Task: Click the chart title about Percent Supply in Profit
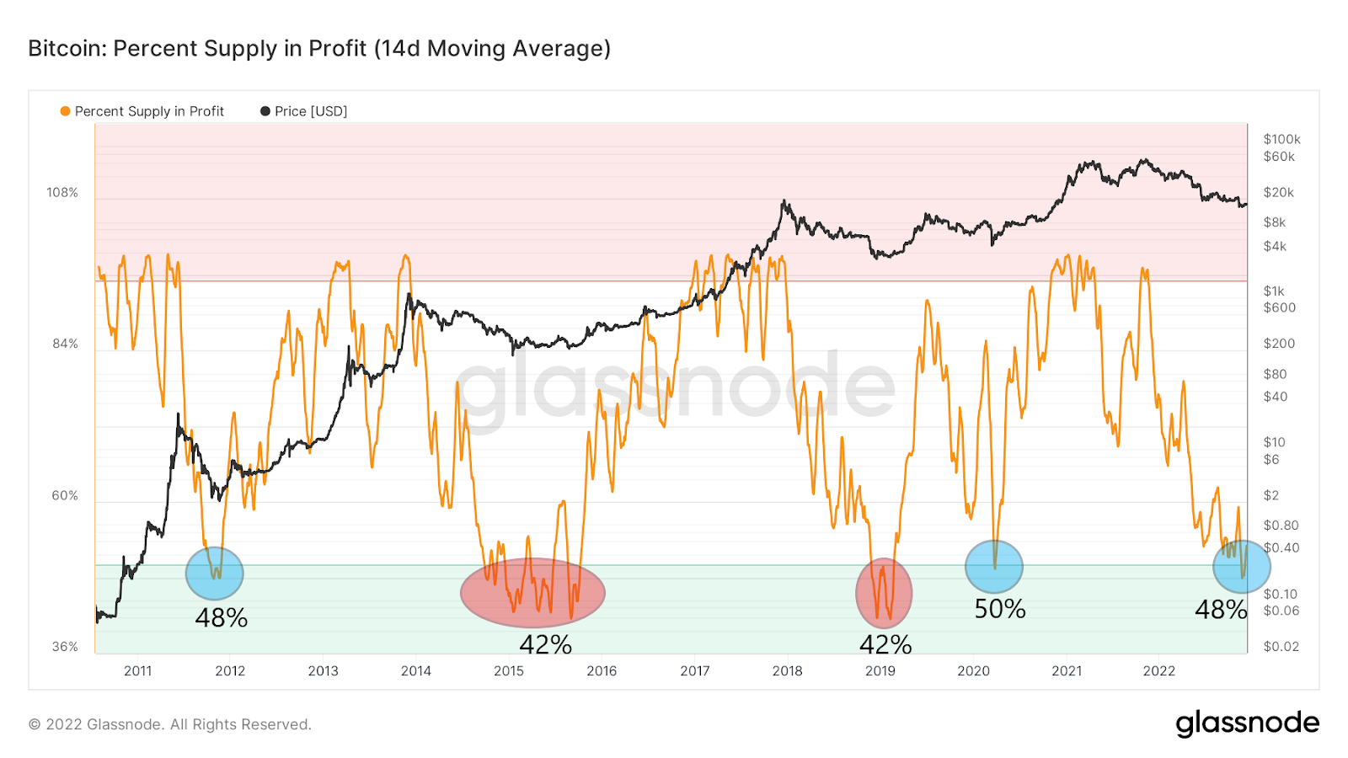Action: pos(319,49)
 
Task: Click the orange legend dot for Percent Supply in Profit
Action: pos(65,111)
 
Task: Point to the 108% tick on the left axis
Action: pos(62,193)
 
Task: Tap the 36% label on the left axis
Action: pos(65,647)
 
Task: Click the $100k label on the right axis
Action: pos(1281,139)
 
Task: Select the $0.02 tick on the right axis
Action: pos(1281,647)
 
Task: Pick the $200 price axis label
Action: pos(1279,344)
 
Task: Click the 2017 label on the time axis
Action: pos(694,671)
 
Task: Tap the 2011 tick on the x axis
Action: pos(138,671)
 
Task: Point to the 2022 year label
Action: pos(1158,671)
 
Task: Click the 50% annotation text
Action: pos(1000,609)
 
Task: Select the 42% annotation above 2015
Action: pos(545,645)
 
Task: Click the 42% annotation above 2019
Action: pos(885,645)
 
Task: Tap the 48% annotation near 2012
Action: pos(221,618)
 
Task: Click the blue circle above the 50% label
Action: pos(994,567)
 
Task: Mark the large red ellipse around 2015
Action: pos(532,593)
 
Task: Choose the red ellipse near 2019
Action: pos(884,593)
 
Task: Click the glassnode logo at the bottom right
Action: pos(1247,723)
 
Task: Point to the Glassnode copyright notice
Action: pos(170,724)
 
